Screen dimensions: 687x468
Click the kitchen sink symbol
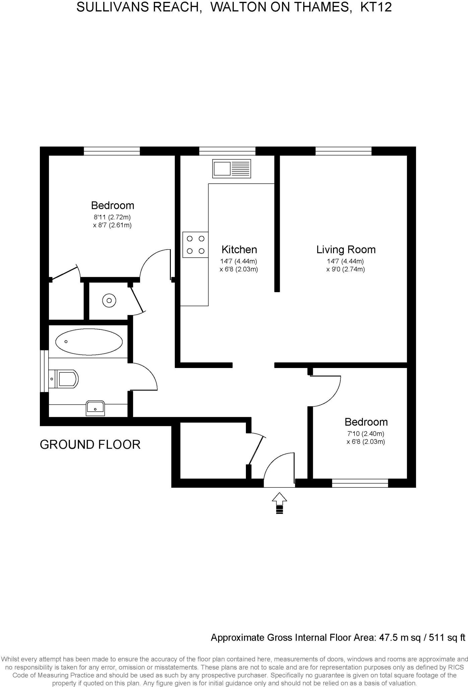click(x=231, y=168)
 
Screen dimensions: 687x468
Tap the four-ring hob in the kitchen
click(x=195, y=245)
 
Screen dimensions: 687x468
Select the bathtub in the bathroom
click(x=89, y=341)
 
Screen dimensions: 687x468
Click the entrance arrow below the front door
click(x=279, y=503)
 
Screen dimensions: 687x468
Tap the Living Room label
click(x=346, y=250)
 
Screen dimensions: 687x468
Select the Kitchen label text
click(x=239, y=250)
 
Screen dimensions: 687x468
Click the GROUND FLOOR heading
click(x=90, y=444)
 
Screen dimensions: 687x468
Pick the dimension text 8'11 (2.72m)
click(x=112, y=217)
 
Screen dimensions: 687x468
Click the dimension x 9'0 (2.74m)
click(x=346, y=269)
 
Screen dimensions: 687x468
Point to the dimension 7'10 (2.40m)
click(x=366, y=433)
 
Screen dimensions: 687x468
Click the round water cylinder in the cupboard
click(x=109, y=301)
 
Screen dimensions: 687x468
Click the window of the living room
click(x=343, y=151)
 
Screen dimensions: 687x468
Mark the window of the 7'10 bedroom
click(x=360, y=483)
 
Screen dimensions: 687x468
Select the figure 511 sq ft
click(x=447, y=637)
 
